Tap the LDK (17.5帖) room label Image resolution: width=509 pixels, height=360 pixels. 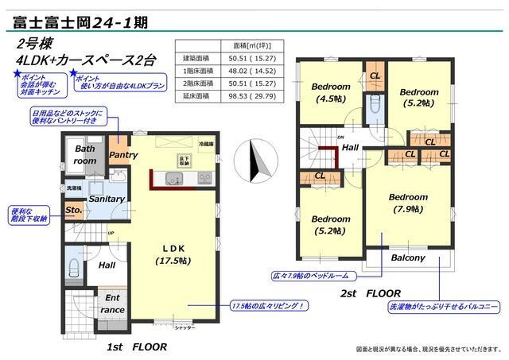click(x=171, y=254)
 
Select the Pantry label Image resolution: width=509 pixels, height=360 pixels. click(x=123, y=156)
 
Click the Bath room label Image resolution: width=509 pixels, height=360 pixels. click(x=85, y=155)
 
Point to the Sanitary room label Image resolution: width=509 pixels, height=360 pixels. click(x=107, y=199)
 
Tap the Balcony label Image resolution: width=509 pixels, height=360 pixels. click(x=408, y=257)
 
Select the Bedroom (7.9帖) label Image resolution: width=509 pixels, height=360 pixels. click(x=409, y=203)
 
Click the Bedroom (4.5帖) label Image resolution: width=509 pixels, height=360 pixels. click(x=330, y=92)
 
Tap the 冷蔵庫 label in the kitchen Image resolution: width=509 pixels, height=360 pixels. click(x=206, y=145)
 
